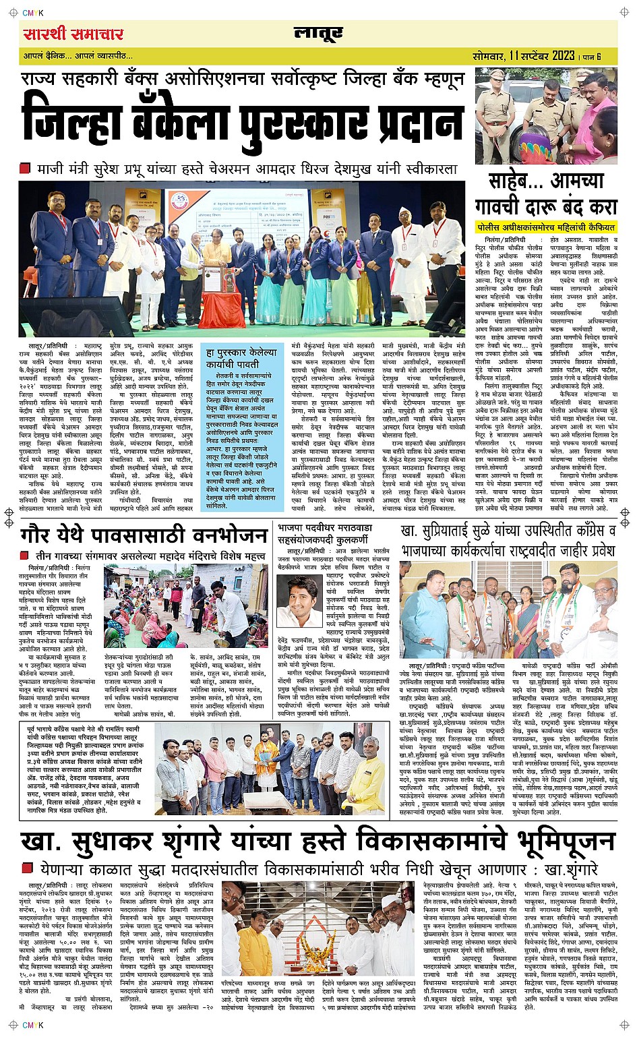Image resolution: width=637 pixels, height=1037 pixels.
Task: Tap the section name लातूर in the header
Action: [x=319, y=34]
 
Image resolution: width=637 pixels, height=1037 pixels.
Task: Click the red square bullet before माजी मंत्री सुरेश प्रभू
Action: [x=26, y=168]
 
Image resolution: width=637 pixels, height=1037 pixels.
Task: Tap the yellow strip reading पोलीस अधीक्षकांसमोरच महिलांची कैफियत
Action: [x=545, y=227]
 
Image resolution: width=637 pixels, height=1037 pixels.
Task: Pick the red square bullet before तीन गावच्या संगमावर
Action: [x=25, y=556]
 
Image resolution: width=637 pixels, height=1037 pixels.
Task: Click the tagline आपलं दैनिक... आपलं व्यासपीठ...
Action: [x=78, y=57]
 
